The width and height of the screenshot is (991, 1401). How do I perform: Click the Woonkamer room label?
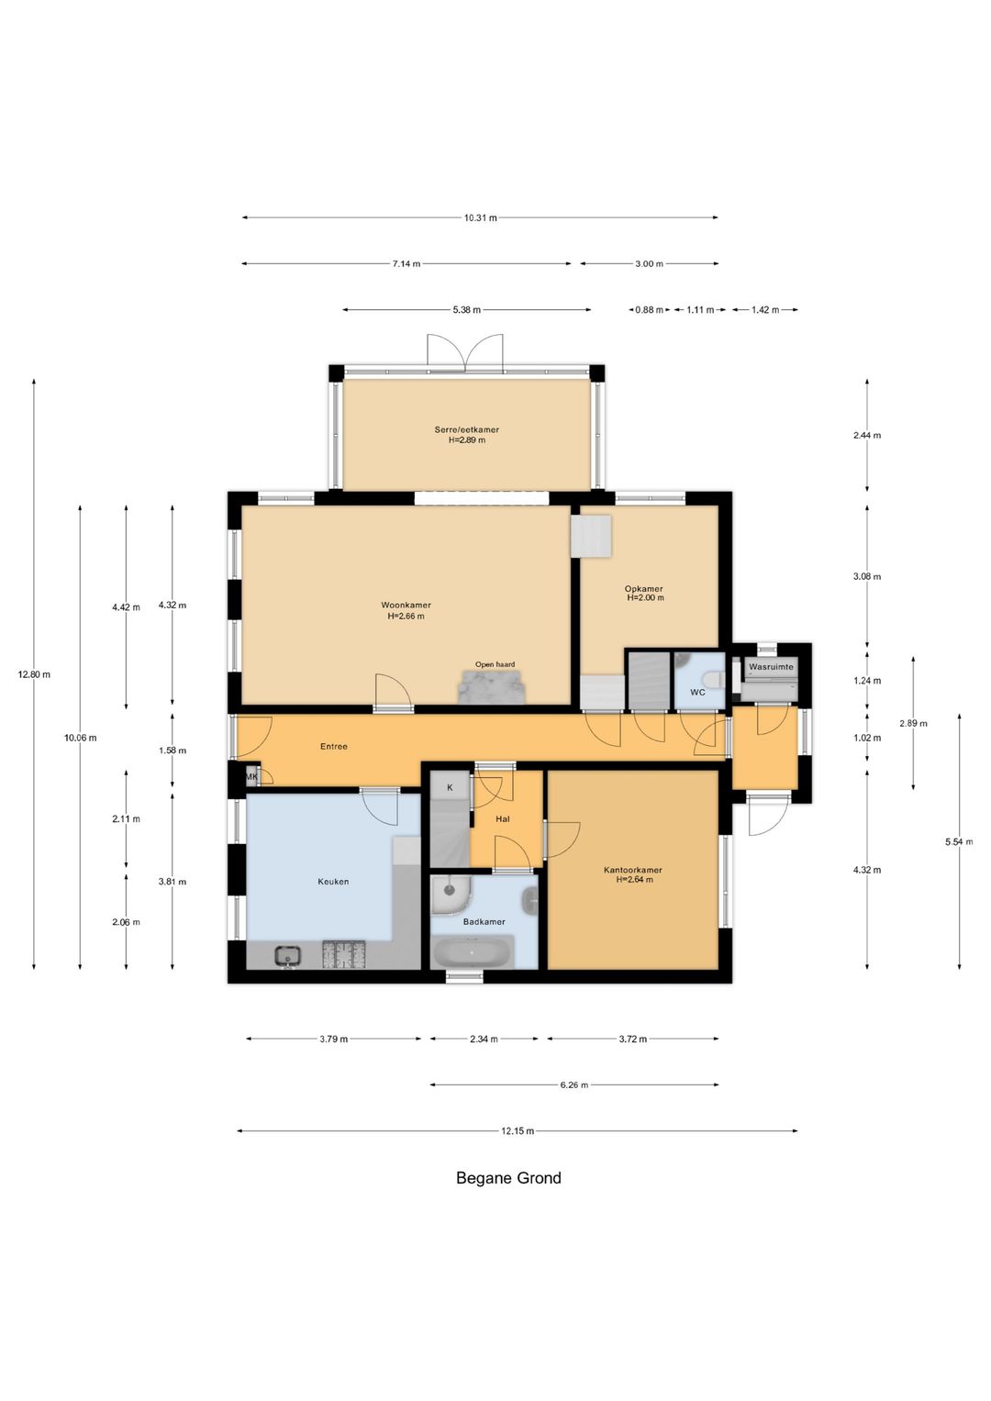406,605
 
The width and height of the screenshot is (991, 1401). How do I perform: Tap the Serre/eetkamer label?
467,429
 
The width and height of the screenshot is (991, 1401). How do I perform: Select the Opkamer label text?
644,588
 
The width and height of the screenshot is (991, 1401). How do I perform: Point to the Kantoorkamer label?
632,870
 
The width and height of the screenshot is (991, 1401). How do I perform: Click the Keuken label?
333,882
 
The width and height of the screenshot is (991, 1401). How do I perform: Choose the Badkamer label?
484,921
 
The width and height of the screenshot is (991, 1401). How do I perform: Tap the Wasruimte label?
771,667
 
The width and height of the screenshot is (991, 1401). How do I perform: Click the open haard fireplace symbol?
492,687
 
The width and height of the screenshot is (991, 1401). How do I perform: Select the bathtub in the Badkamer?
474,951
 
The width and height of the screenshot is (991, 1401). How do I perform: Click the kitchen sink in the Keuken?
288,955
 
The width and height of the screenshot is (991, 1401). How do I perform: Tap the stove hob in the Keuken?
343,955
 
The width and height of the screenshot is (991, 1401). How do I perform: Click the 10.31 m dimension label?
481,217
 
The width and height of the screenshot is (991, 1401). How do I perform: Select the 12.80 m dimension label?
35,674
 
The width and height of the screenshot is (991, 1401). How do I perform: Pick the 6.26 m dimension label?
574,1084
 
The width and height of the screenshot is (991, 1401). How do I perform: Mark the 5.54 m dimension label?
959,842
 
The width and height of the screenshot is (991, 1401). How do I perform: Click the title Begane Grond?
508,1178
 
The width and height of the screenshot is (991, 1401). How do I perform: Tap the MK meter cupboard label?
251,777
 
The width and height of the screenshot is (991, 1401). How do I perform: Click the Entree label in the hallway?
333,746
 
